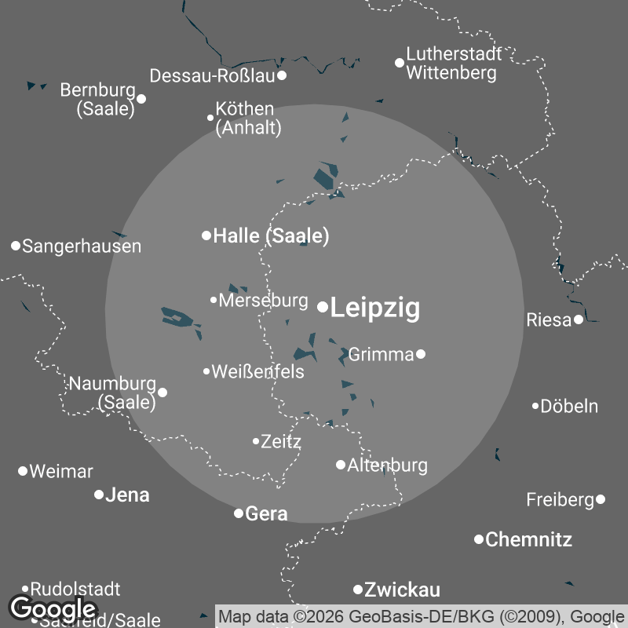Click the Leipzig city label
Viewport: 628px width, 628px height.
point(375,309)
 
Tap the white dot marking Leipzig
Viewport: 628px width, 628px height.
point(323,307)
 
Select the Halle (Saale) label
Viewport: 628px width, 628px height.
point(271,235)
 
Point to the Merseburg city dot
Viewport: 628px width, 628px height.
point(214,300)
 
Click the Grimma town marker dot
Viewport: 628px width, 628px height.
point(421,354)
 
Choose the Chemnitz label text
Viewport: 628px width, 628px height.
point(528,539)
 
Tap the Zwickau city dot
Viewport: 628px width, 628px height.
point(358,590)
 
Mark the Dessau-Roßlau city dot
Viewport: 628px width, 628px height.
point(282,75)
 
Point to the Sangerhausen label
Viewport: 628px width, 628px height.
point(82,246)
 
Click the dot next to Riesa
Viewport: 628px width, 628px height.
point(579,319)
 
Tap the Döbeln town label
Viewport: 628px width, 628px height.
point(570,407)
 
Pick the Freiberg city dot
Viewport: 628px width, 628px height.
point(601,499)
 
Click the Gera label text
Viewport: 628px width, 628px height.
point(267,514)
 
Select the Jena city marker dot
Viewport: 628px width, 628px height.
point(99,495)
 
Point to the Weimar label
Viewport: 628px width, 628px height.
point(61,472)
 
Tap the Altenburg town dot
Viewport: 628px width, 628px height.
point(341,465)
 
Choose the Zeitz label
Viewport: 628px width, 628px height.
point(281,441)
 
